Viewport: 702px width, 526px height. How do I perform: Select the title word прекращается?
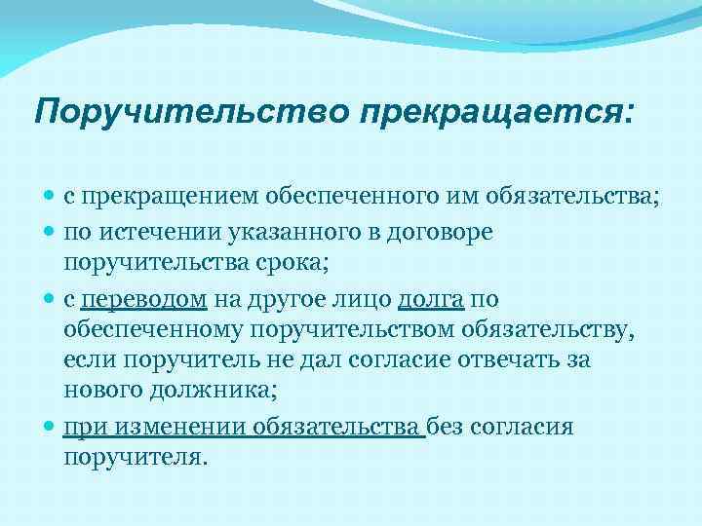(x=493, y=112)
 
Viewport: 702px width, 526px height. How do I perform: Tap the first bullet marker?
(x=50, y=198)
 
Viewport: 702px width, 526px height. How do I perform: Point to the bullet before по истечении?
(x=50, y=232)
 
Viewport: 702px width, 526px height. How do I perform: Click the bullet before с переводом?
(x=50, y=299)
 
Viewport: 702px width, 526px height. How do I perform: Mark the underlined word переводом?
(x=143, y=299)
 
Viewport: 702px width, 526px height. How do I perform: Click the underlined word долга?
(x=432, y=299)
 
